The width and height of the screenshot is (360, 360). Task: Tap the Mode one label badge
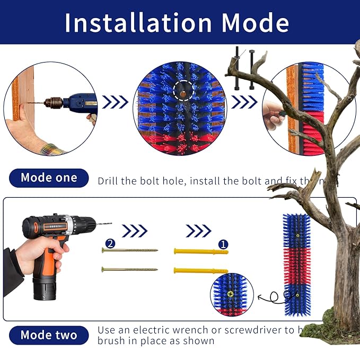48,178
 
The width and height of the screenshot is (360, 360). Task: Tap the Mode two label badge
48,335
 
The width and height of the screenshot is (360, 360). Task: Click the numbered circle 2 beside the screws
110,243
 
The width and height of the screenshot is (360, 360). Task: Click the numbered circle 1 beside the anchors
223,244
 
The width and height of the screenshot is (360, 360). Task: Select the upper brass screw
130,250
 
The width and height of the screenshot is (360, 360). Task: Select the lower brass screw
130,269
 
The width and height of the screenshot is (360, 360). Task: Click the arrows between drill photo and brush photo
115,102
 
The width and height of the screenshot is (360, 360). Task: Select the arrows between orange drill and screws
134,231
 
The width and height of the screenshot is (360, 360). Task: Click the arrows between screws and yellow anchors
198,231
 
